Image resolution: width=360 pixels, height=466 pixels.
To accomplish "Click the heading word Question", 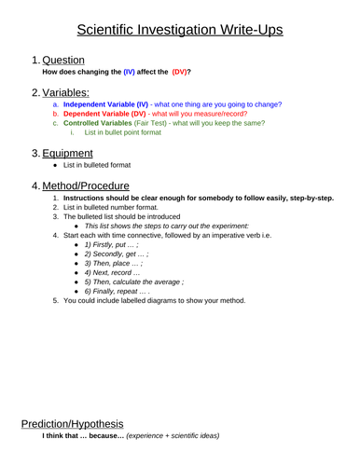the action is point(63,60).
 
